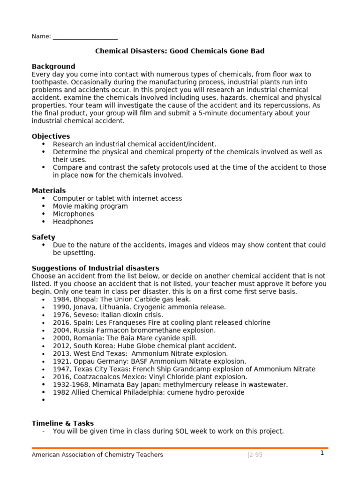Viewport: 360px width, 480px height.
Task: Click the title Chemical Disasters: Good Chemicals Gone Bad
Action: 180,51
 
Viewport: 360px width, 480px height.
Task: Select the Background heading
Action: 53,67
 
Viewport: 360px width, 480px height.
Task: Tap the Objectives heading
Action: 51,136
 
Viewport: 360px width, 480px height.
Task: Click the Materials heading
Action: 49,191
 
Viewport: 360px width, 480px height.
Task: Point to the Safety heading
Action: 43,237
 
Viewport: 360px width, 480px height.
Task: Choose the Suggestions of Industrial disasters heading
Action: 95,268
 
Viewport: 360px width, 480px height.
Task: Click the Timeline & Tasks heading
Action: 63,423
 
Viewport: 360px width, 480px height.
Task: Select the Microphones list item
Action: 74,214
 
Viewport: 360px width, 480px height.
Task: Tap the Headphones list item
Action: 73,222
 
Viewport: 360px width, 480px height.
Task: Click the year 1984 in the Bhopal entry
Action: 61,299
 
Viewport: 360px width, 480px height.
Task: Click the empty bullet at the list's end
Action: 44,400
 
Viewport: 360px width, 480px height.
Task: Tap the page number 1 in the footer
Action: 322,453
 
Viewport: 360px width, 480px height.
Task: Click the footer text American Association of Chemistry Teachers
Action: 97,455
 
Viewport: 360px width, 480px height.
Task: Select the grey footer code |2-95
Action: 255,455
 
